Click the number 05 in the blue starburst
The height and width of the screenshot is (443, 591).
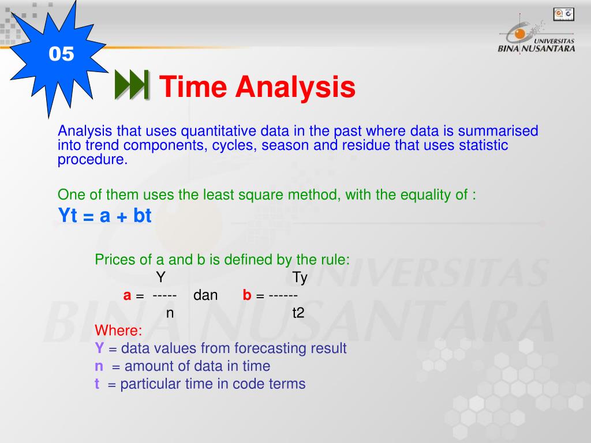tap(61, 54)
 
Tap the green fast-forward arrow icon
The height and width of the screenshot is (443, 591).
tap(132, 85)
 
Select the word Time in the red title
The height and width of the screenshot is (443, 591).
tap(193, 87)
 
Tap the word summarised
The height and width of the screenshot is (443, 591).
tap(498, 131)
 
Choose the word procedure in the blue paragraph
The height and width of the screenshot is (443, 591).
tap(92, 159)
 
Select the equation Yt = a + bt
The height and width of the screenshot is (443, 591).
tap(105, 216)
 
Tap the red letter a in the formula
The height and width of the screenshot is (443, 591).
tap(127, 295)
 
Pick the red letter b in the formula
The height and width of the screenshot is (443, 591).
tap(247, 295)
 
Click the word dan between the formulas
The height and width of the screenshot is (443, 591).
tap(205, 295)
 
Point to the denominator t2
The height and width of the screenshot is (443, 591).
tap(298, 313)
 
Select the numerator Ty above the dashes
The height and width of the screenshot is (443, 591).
tap(300, 277)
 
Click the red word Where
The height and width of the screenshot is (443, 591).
tap(118, 331)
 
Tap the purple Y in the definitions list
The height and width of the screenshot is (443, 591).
tap(99, 348)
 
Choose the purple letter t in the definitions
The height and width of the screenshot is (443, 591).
tap(97, 384)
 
